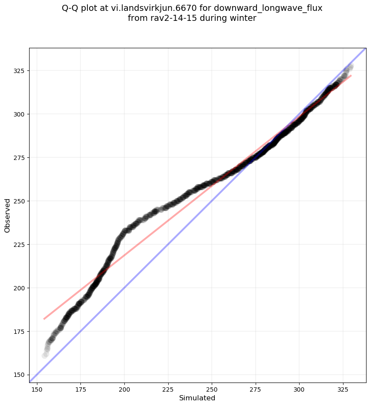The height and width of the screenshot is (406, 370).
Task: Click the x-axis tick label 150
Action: pos(37,389)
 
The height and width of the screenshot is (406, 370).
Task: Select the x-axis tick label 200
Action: pos(124,389)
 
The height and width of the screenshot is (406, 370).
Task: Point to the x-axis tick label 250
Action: pos(212,389)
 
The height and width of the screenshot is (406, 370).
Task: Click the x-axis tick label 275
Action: pos(256,389)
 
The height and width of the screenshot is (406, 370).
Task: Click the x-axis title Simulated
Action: pos(197,398)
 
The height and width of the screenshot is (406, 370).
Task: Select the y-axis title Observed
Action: pos(7,215)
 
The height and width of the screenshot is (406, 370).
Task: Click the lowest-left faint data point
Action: pos(44,356)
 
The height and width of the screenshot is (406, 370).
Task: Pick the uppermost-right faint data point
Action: pos(350,67)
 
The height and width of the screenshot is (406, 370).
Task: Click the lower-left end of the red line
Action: pos(44,319)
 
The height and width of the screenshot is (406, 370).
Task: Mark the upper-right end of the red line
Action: pos(351,76)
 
